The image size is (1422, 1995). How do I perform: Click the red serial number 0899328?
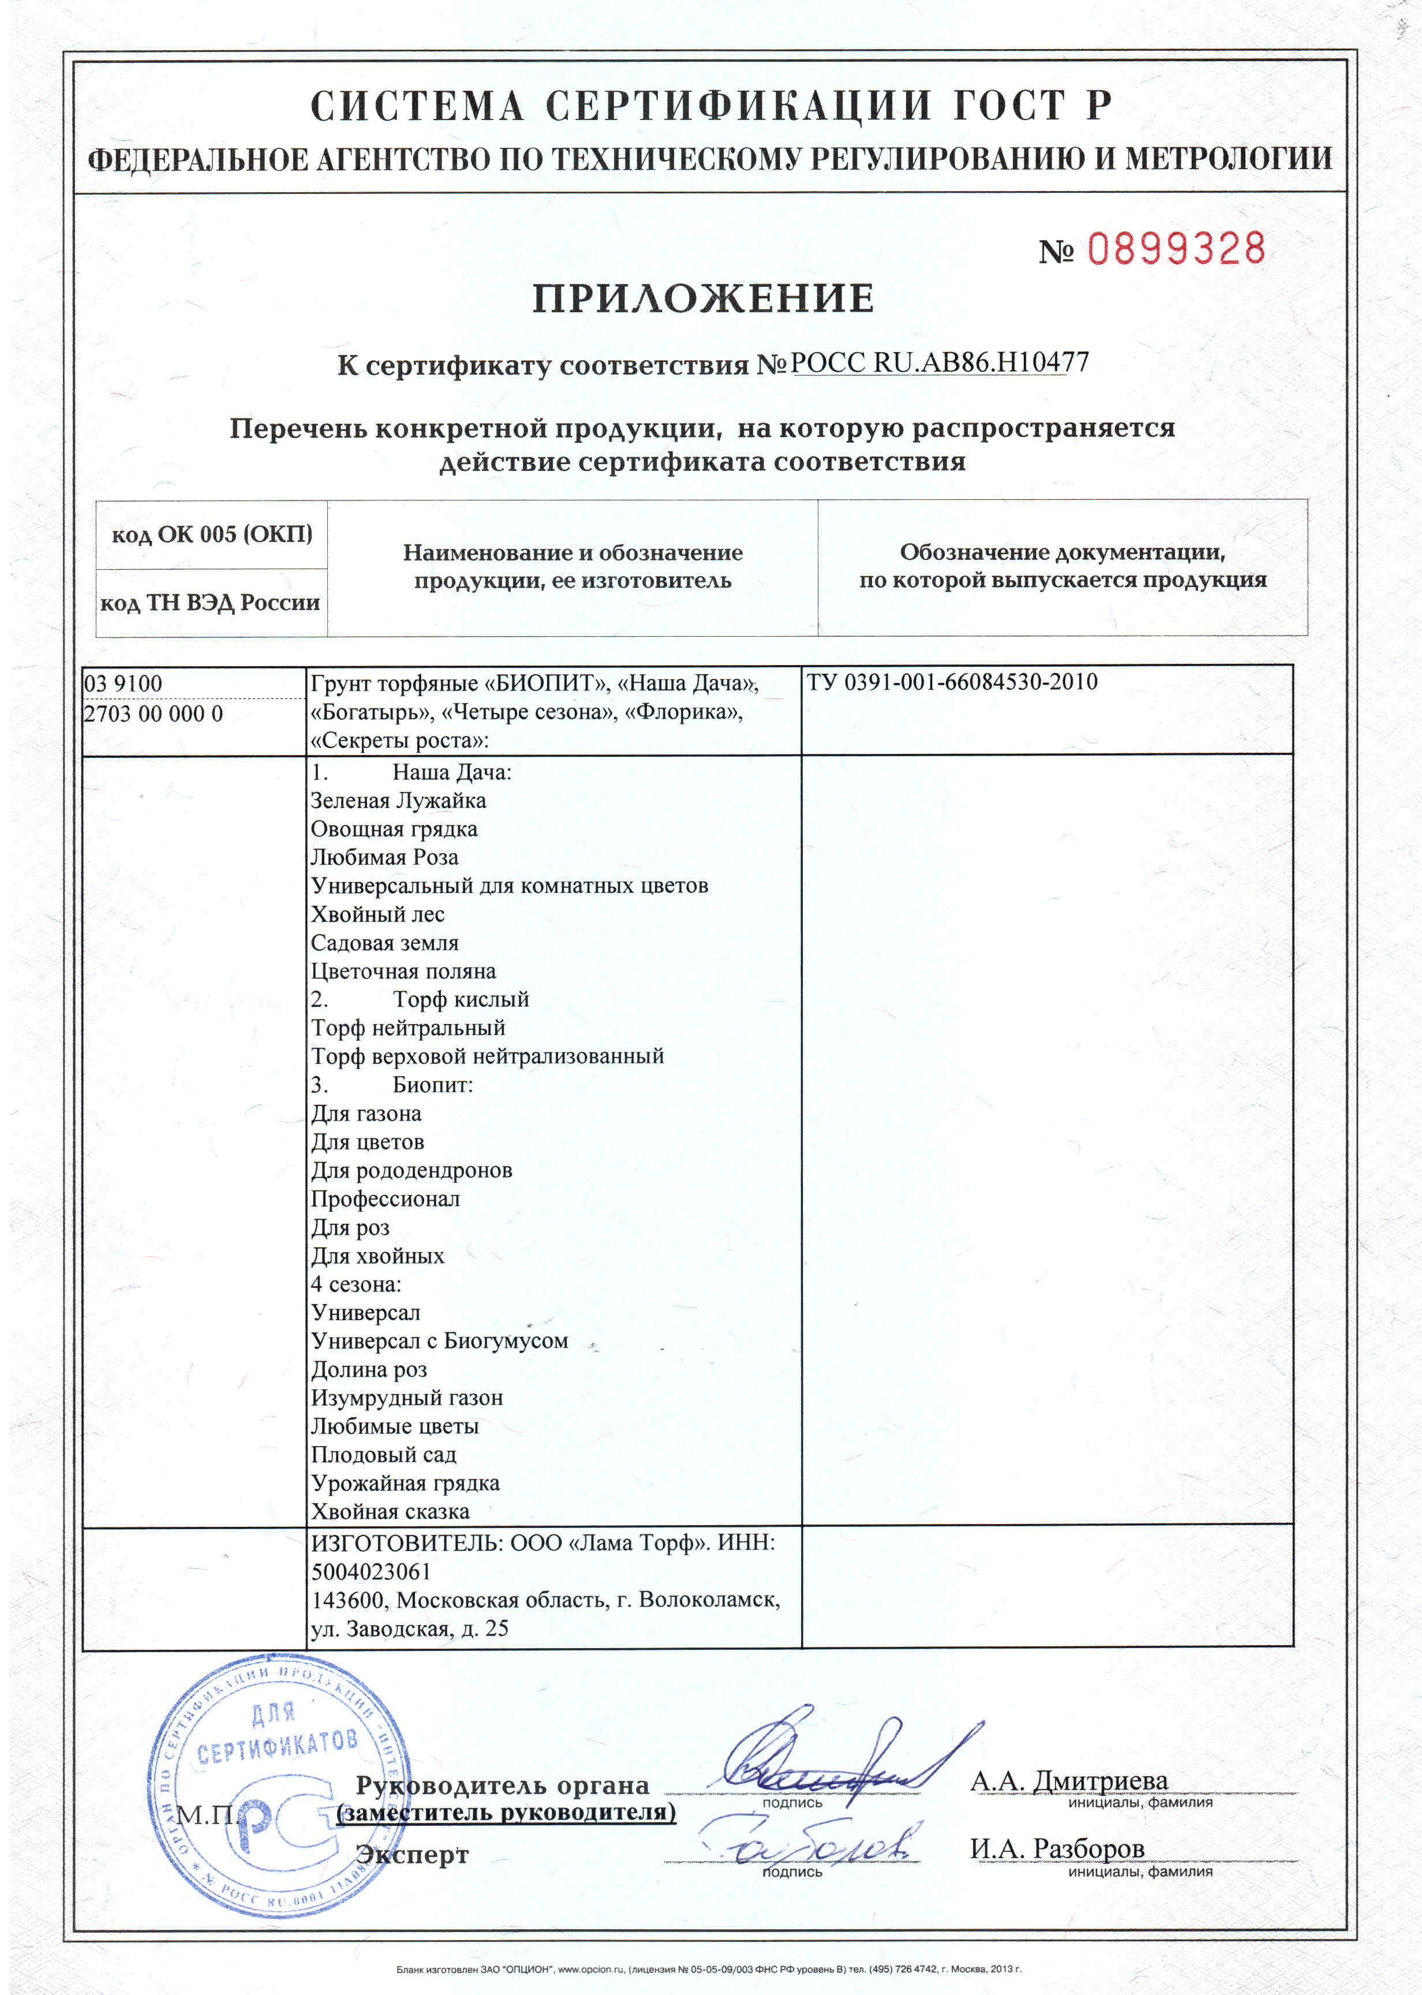click(x=1176, y=249)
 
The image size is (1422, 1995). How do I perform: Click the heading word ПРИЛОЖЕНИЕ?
click(x=703, y=298)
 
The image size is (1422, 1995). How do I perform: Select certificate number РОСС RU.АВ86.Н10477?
click(x=940, y=363)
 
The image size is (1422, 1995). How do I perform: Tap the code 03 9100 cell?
click(x=124, y=683)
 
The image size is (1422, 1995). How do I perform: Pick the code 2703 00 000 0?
click(x=154, y=713)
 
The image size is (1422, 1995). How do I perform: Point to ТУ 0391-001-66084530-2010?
click(x=952, y=682)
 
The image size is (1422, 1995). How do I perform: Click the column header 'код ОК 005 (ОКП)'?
click(x=212, y=534)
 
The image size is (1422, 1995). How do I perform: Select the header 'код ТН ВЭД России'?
click(x=210, y=603)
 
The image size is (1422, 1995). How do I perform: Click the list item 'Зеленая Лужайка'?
click(x=398, y=801)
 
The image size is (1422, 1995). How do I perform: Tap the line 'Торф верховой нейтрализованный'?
click(x=488, y=1056)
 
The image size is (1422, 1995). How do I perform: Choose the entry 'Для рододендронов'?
click(x=411, y=1170)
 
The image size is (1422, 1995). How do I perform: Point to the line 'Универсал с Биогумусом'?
click(x=440, y=1341)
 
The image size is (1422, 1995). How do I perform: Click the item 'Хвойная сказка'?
click(x=391, y=1512)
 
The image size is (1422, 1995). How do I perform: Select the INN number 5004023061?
click(x=371, y=1572)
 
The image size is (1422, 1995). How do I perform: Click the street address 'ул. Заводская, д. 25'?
click(x=410, y=1629)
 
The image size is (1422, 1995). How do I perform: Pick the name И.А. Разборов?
click(x=1057, y=1849)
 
